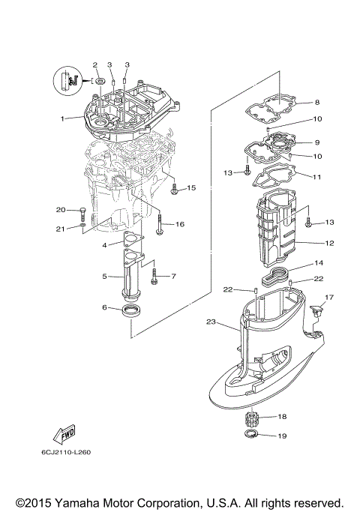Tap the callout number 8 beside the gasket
pyautogui.click(x=317, y=102)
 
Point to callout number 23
pyautogui.click(x=211, y=322)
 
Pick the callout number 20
pyautogui.click(x=61, y=209)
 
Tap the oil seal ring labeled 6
pyautogui.click(x=132, y=310)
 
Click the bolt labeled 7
pyautogui.click(x=155, y=277)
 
